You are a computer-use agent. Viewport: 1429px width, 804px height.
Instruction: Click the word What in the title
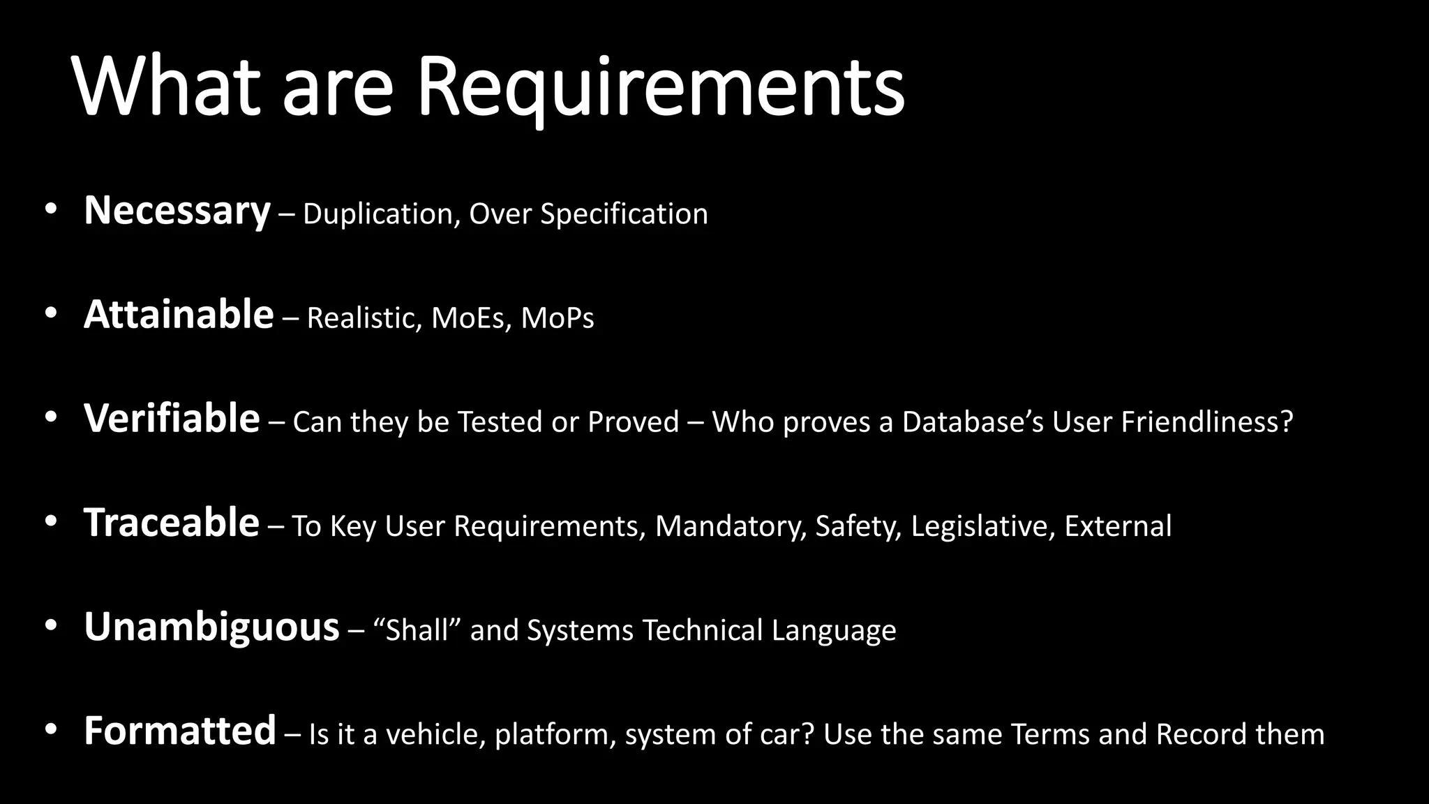click(x=167, y=87)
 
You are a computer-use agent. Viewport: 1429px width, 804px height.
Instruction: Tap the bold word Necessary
click(x=177, y=211)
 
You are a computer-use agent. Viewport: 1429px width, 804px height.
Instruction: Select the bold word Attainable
click(x=179, y=315)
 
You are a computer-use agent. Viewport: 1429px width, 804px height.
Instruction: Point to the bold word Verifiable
click(x=172, y=419)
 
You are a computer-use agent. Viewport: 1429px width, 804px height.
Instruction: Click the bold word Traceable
click(x=172, y=523)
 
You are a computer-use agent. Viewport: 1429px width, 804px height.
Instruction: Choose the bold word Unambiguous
click(x=211, y=627)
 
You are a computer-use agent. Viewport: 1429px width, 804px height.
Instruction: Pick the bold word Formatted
click(x=180, y=731)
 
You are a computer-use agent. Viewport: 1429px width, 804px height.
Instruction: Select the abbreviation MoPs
click(x=558, y=318)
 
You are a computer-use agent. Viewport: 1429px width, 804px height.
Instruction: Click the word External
click(x=1118, y=526)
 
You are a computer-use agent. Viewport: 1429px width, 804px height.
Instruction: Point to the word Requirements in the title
click(x=660, y=87)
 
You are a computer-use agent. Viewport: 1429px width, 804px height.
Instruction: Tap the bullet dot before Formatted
click(x=50, y=729)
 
